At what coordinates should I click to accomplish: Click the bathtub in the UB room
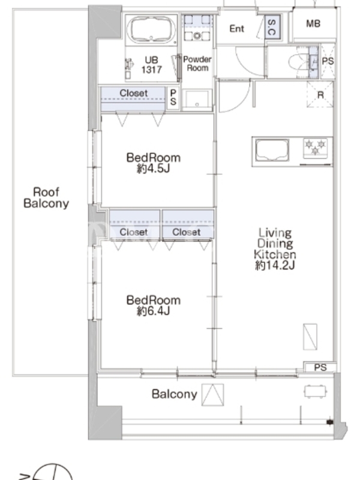151,29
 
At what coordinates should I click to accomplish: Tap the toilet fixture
298,62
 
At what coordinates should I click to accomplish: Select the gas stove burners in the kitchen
316,148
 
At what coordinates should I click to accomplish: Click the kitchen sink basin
272,150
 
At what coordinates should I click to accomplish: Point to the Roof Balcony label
46,198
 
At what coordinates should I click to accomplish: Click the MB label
313,23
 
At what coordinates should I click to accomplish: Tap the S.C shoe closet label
272,27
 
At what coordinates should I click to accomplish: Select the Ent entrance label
236,28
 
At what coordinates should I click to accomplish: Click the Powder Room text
197,64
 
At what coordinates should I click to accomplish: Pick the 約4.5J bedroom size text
154,169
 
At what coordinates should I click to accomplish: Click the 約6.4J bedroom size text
154,311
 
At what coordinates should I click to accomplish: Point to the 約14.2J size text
275,265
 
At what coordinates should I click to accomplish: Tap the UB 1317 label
151,65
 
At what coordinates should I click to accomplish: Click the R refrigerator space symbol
320,94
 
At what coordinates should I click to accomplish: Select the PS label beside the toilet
328,61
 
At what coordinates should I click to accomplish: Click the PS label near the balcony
320,367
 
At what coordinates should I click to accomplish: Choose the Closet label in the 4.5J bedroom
133,93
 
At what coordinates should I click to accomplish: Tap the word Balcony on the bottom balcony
174,394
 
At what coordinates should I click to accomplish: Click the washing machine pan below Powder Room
197,99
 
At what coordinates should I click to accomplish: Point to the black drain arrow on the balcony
329,422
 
